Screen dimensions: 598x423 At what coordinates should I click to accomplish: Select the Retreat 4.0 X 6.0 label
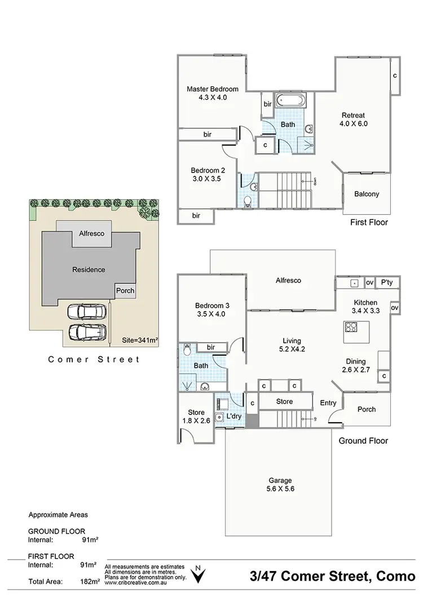tap(354, 119)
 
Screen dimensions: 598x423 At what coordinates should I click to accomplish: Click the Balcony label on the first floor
tap(367, 194)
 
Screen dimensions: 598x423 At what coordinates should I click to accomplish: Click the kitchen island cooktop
tap(352, 327)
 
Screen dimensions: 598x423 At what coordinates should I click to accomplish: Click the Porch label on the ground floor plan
tap(367, 409)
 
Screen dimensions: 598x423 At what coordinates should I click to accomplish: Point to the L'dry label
tap(233, 417)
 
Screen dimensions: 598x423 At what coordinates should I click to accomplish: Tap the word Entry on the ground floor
tap(328, 402)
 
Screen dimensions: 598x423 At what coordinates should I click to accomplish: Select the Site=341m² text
tap(140, 340)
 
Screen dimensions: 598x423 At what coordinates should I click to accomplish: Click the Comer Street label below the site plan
tap(94, 359)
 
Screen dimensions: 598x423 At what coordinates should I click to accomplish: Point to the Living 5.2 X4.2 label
tap(292, 345)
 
